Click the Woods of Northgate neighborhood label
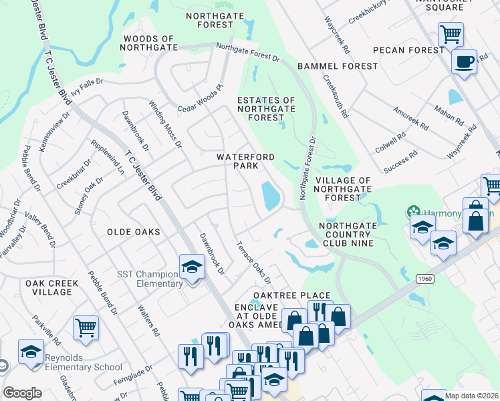click(x=148, y=43)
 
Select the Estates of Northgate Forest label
click(x=267, y=109)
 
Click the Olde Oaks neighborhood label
click(x=134, y=232)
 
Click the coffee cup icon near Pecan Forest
click(x=463, y=62)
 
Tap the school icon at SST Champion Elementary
click(x=192, y=267)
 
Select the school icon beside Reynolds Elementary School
click(x=31, y=353)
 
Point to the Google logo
click(x=22, y=393)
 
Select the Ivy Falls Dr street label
click(x=84, y=90)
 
